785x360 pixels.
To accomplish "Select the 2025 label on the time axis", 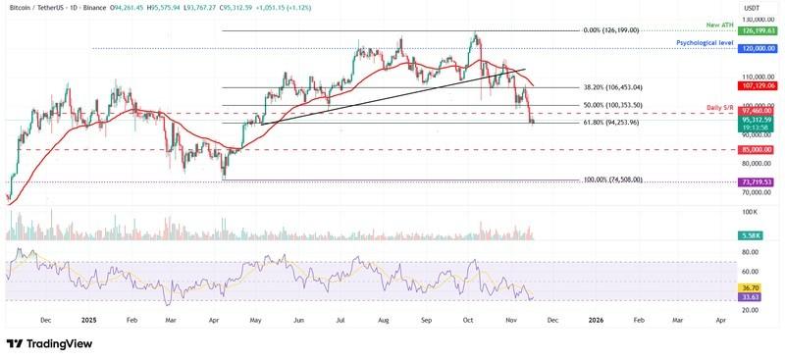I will coord(88,319).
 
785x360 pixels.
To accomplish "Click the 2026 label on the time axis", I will coord(595,319).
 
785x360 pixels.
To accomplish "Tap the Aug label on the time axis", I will coord(383,319).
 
